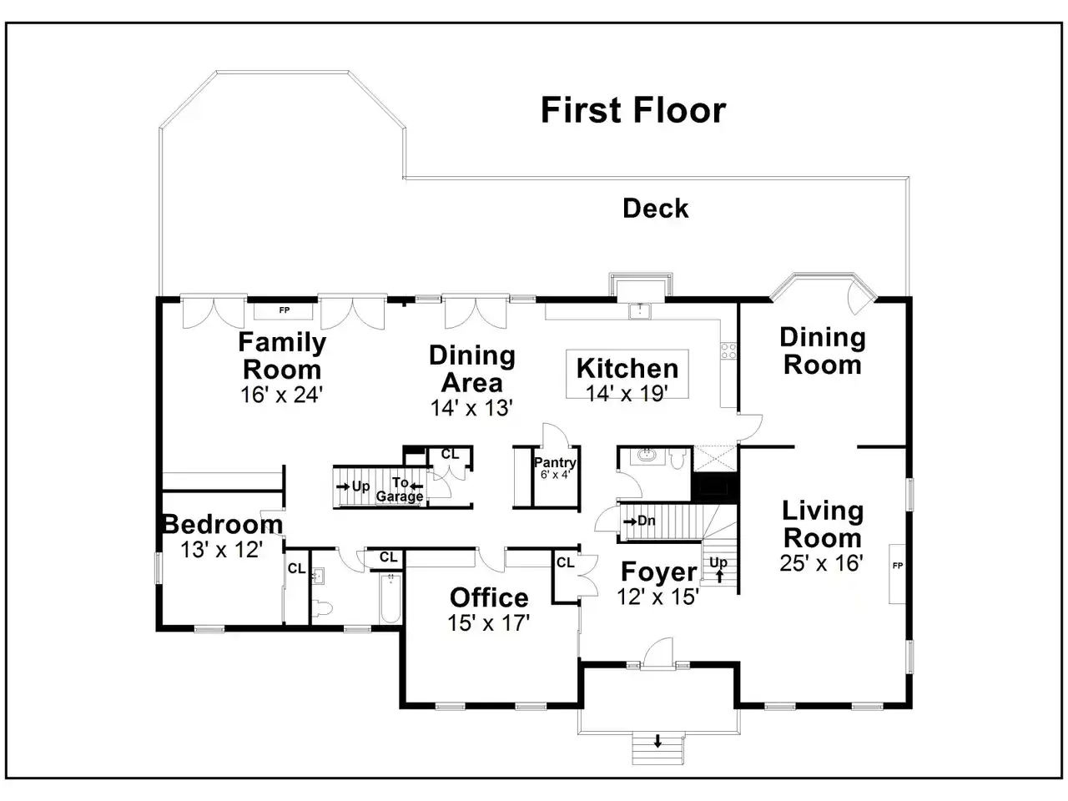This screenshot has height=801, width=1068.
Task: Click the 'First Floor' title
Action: click(x=633, y=110)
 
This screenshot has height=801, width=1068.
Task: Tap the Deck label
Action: click(x=655, y=208)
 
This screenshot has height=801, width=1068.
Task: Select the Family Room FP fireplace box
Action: click(x=284, y=310)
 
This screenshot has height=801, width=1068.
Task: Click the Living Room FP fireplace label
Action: click(x=898, y=566)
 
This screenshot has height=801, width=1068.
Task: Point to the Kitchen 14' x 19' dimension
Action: click(x=627, y=394)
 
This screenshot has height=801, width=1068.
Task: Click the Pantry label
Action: click(x=555, y=462)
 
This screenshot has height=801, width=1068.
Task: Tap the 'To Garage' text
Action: click(x=400, y=489)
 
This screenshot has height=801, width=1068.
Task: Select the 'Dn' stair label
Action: click(x=646, y=521)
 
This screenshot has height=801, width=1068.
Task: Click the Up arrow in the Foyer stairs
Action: click(x=719, y=577)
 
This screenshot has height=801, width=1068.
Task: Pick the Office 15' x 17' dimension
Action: click(x=488, y=623)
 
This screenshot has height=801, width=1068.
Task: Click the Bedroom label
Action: click(x=223, y=524)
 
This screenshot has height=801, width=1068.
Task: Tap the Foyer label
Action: click(x=659, y=572)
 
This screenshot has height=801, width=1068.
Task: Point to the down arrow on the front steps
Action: click(x=657, y=741)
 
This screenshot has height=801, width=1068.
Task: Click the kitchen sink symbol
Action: click(x=640, y=310)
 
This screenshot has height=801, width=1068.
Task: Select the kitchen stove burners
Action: click(x=728, y=351)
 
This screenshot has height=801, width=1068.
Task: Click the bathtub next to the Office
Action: click(x=390, y=599)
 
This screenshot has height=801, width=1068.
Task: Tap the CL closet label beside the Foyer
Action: click(x=566, y=562)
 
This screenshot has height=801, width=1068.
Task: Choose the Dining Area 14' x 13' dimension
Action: click(x=471, y=408)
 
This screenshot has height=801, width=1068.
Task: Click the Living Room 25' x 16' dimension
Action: click(x=821, y=563)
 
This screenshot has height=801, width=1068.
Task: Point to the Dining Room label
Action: click(x=823, y=351)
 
